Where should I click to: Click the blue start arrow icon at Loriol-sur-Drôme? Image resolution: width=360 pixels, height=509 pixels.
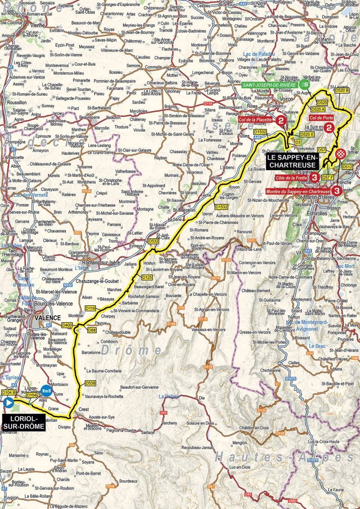[8, 403]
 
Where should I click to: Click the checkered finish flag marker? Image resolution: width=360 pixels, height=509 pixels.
[340, 153]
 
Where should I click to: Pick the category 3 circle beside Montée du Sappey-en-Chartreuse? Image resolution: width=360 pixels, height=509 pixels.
[337, 191]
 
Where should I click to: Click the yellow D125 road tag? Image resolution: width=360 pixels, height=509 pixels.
[147, 277]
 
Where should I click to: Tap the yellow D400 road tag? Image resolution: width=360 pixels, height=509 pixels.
[67, 325]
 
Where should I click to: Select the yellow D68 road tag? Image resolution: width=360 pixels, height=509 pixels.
[92, 330]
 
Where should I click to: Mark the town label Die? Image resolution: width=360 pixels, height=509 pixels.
[202, 397]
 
